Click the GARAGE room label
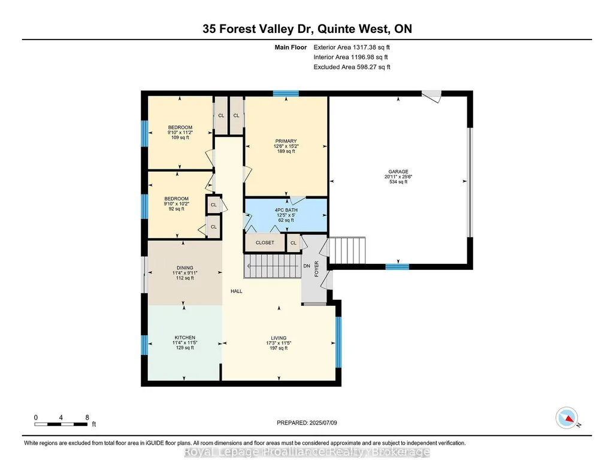point(398,172)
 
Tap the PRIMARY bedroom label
point(286,141)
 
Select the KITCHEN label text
point(185,338)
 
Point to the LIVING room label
point(279,338)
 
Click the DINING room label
point(185,268)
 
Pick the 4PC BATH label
point(286,210)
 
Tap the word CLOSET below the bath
point(265,242)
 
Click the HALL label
point(237,291)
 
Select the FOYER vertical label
point(316,269)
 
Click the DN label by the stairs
point(307,266)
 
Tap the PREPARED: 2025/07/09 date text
point(307,423)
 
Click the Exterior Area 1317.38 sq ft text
point(352,47)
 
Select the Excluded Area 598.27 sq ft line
point(352,67)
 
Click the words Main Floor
point(291,47)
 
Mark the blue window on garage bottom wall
point(398,267)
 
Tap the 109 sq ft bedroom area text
point(180,138)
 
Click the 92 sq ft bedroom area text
point(177,209)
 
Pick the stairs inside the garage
point(347,250)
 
